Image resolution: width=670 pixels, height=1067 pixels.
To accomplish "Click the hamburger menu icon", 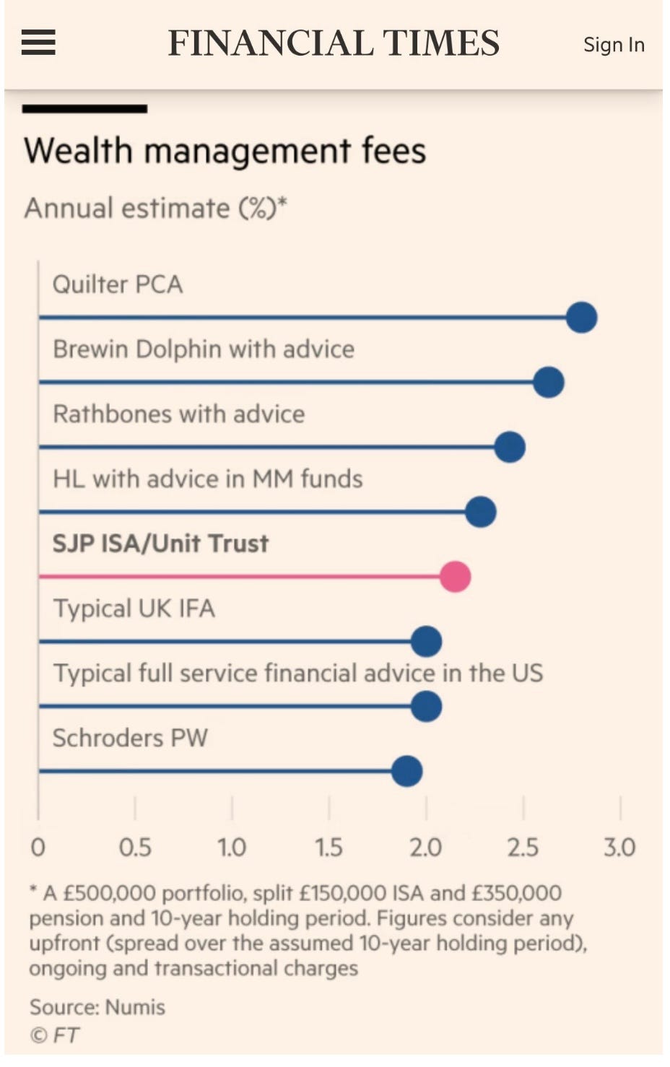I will point(38,43).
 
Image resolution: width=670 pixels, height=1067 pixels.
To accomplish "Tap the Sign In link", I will point(614,45).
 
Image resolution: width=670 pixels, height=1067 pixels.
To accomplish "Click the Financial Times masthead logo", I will point(334,43).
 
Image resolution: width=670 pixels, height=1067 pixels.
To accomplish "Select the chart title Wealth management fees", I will point(225,152).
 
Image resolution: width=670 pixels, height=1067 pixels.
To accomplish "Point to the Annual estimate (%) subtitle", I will point(155,209).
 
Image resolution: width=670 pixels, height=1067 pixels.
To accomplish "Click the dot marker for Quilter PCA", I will point(581,318).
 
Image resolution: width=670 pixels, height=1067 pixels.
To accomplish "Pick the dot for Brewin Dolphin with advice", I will point(549,383).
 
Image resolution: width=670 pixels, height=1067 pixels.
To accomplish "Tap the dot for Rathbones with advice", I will point(510,448).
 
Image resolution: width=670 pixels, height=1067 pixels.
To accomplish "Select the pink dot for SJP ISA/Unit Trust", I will point(456,577).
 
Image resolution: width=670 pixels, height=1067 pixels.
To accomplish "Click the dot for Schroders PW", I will point(406,771).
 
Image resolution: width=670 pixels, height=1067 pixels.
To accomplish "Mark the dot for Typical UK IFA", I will point(426,642).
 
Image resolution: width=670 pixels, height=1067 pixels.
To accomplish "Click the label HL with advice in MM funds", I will point(208,479).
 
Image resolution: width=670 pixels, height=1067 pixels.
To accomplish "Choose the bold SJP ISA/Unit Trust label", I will point(160,544).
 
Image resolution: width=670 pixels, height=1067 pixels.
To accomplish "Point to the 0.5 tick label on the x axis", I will point(135,847).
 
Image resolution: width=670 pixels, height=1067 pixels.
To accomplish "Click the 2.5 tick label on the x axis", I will point(523,847).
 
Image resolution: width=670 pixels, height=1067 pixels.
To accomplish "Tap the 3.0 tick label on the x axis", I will point(619,847).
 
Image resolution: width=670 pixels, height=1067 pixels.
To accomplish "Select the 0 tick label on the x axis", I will point(38,847).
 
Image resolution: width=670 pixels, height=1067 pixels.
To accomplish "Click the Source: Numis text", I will point(97,1007).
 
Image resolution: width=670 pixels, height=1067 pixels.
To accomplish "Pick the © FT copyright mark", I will point(55,1035).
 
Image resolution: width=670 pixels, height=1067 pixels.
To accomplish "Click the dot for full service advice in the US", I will point(426,707).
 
